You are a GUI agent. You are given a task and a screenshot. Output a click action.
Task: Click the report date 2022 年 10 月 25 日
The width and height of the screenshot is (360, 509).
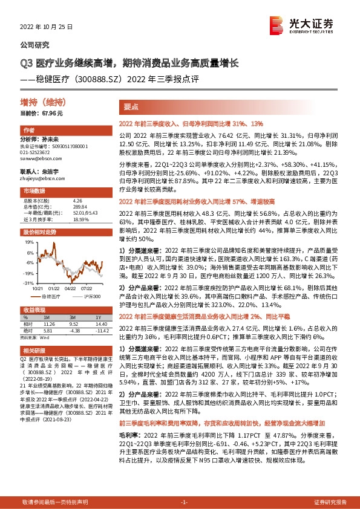47,28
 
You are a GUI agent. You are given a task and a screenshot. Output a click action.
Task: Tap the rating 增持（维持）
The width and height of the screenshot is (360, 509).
35,103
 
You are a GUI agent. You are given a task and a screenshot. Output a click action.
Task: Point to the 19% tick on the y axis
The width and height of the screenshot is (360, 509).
28,241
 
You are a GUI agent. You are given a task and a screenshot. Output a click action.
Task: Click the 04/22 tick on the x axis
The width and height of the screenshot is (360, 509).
71,289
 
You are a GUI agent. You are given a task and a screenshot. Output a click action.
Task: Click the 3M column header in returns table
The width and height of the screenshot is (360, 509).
73,316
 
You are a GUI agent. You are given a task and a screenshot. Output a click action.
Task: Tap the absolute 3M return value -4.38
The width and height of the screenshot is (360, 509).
74,330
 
